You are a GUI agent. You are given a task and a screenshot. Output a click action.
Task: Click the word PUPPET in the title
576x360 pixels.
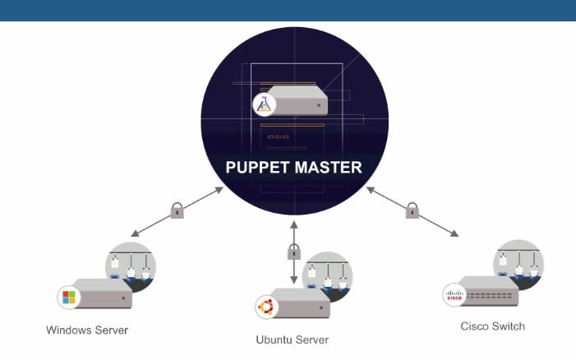[259, 168]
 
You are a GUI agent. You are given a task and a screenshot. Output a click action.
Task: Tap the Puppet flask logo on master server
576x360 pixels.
[265, 104]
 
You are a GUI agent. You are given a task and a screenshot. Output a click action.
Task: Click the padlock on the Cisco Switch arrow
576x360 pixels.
[412, 211]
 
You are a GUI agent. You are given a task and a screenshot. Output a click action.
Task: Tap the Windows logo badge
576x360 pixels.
[68, 296]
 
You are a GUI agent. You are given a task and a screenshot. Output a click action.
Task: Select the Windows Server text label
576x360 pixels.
[87, 330]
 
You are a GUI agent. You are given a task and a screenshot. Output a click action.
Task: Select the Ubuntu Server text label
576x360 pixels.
[293, 339]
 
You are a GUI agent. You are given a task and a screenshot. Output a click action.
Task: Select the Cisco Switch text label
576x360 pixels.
[492, 326]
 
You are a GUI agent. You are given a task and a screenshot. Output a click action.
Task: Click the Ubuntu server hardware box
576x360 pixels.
[299, 304]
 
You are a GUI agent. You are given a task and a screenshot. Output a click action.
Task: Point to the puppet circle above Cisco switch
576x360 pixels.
[518, 263]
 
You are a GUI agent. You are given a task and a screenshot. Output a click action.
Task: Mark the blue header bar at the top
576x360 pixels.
[288, 10]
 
